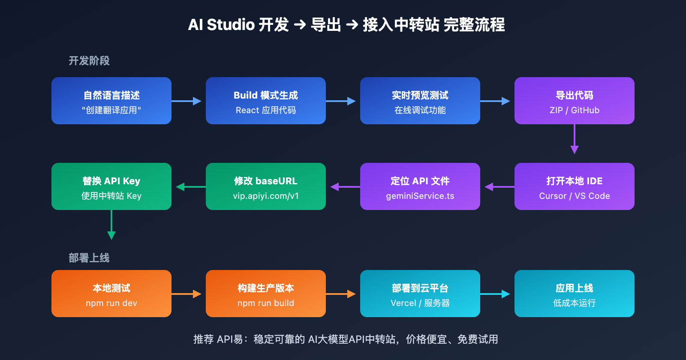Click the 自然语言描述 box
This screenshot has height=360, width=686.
click(x=111, y=101)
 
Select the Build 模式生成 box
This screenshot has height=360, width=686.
click(x=266, y=101)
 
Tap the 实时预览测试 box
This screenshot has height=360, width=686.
click(x=420, y=101)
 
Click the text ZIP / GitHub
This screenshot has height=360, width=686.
click(x=575, y=110)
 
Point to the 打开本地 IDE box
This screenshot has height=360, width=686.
click(x=575, y=186)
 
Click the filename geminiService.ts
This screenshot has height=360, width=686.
click(x=420, y=196)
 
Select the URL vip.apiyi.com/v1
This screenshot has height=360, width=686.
click(x=266, y=196)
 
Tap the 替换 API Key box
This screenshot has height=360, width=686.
click(x=111, y=186)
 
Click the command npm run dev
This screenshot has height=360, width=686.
click(x=111, y=303)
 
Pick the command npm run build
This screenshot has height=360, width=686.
click(x=266, y=303)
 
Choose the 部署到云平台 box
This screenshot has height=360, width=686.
click(x=420, y=294)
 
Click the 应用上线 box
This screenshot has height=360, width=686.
click(x=575, y=294)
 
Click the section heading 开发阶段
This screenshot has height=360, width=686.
click(x=89, y=61)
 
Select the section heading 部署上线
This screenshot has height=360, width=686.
click(x=89, y=258)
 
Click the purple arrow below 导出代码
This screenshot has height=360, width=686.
click(x=575, y=139)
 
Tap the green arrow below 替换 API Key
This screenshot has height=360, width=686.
click(x=111, y=225)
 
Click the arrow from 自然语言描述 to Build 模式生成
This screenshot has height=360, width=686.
click(x=186, y=101)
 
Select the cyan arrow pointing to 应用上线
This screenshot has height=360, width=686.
click(x=495, y=294)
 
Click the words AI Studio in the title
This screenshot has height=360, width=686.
click(x=221, y=25)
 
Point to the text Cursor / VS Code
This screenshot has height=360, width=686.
click(x=575, y=196)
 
